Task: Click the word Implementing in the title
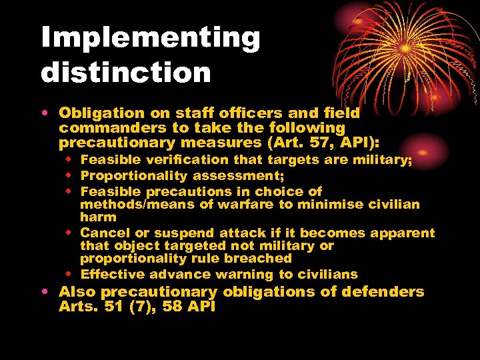[150, 39]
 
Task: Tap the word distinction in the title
[126, 72]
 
